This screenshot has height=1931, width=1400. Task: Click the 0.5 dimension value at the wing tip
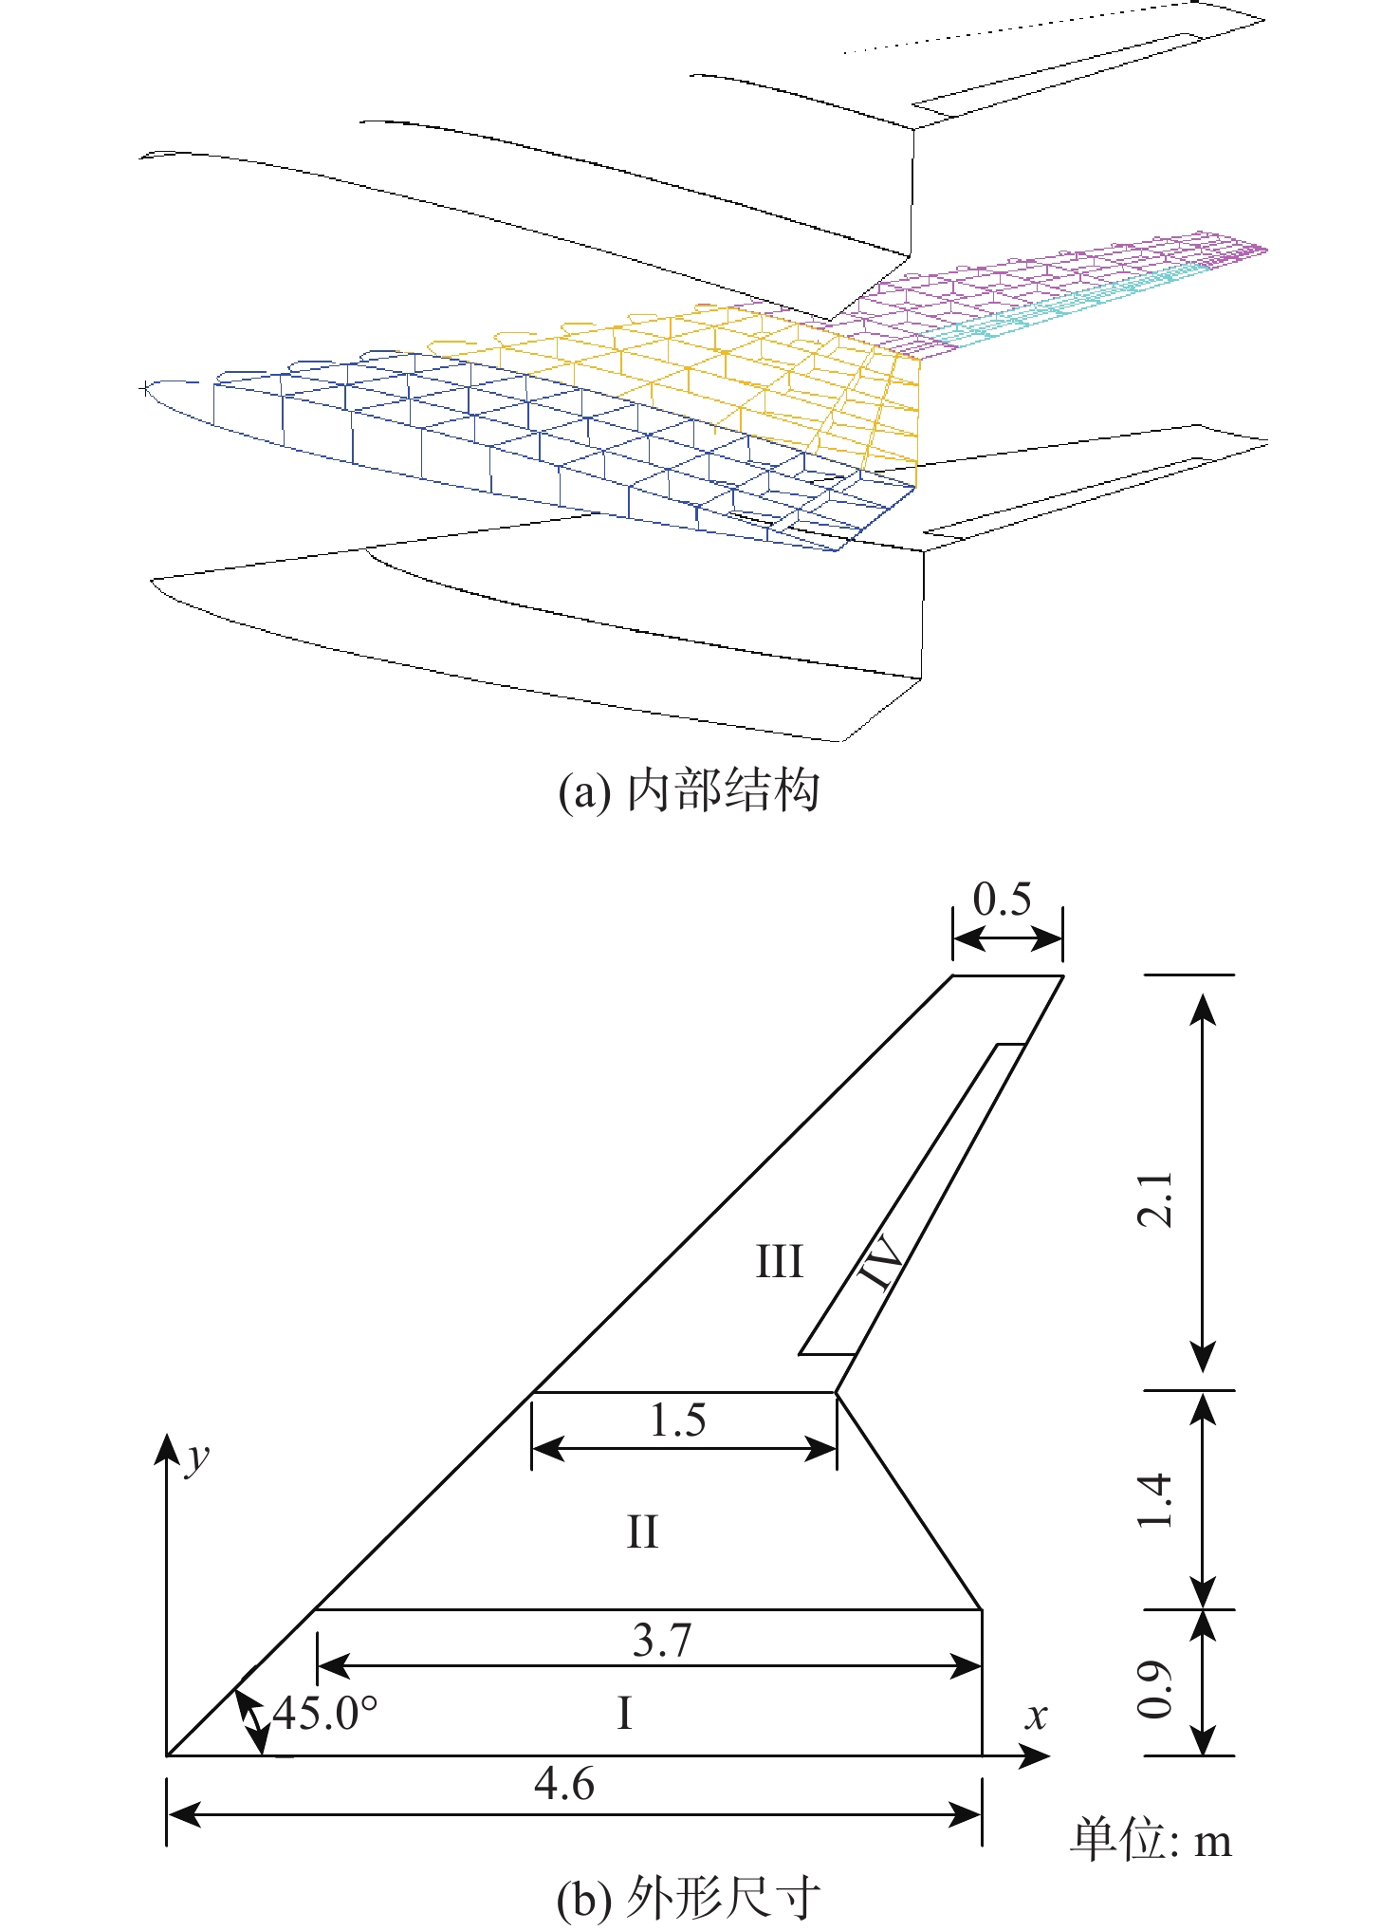pos(1002,899)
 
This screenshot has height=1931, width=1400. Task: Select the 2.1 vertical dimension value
pos(1155,1199)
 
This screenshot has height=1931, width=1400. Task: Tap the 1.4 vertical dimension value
pos(1155,1500)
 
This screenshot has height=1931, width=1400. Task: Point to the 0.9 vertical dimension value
pos(1155,1690)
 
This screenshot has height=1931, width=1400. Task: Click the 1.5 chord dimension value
pos(677,1420)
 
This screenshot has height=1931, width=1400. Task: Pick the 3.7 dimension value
pos(662,1640)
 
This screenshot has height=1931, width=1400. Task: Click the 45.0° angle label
pos(324,1713)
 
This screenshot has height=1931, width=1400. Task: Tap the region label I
pos(624,1714)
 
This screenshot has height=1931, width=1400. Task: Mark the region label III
pos(779,1262)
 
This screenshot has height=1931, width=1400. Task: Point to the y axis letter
pos(197,1458)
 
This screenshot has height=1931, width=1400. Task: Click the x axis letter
pos(1037,1716)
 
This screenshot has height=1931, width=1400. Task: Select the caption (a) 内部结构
pos(689,790)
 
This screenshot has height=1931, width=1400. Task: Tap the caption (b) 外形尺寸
pos(689,1900)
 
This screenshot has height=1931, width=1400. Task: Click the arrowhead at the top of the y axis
pos(167,1450)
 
